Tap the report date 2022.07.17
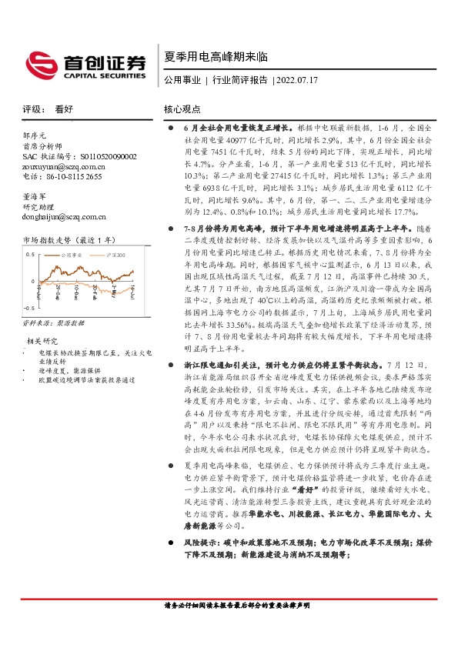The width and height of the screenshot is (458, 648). coord(297,79)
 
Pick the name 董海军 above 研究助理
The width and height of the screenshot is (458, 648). coord(36,196)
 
